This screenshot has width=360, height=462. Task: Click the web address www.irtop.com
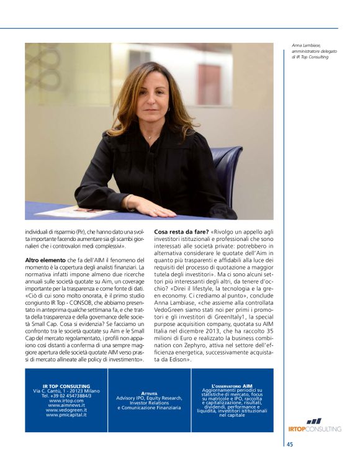click(66, 401)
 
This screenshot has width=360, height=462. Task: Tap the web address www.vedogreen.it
click(66, 410)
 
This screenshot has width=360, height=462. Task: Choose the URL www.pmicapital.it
click(66, 414)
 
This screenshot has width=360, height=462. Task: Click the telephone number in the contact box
click(66, 396)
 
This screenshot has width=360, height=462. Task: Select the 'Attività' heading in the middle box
click(149, 392)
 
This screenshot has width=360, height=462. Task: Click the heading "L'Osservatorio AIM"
click(232, 386)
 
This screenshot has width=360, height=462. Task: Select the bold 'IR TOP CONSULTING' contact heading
click(66, 386)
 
